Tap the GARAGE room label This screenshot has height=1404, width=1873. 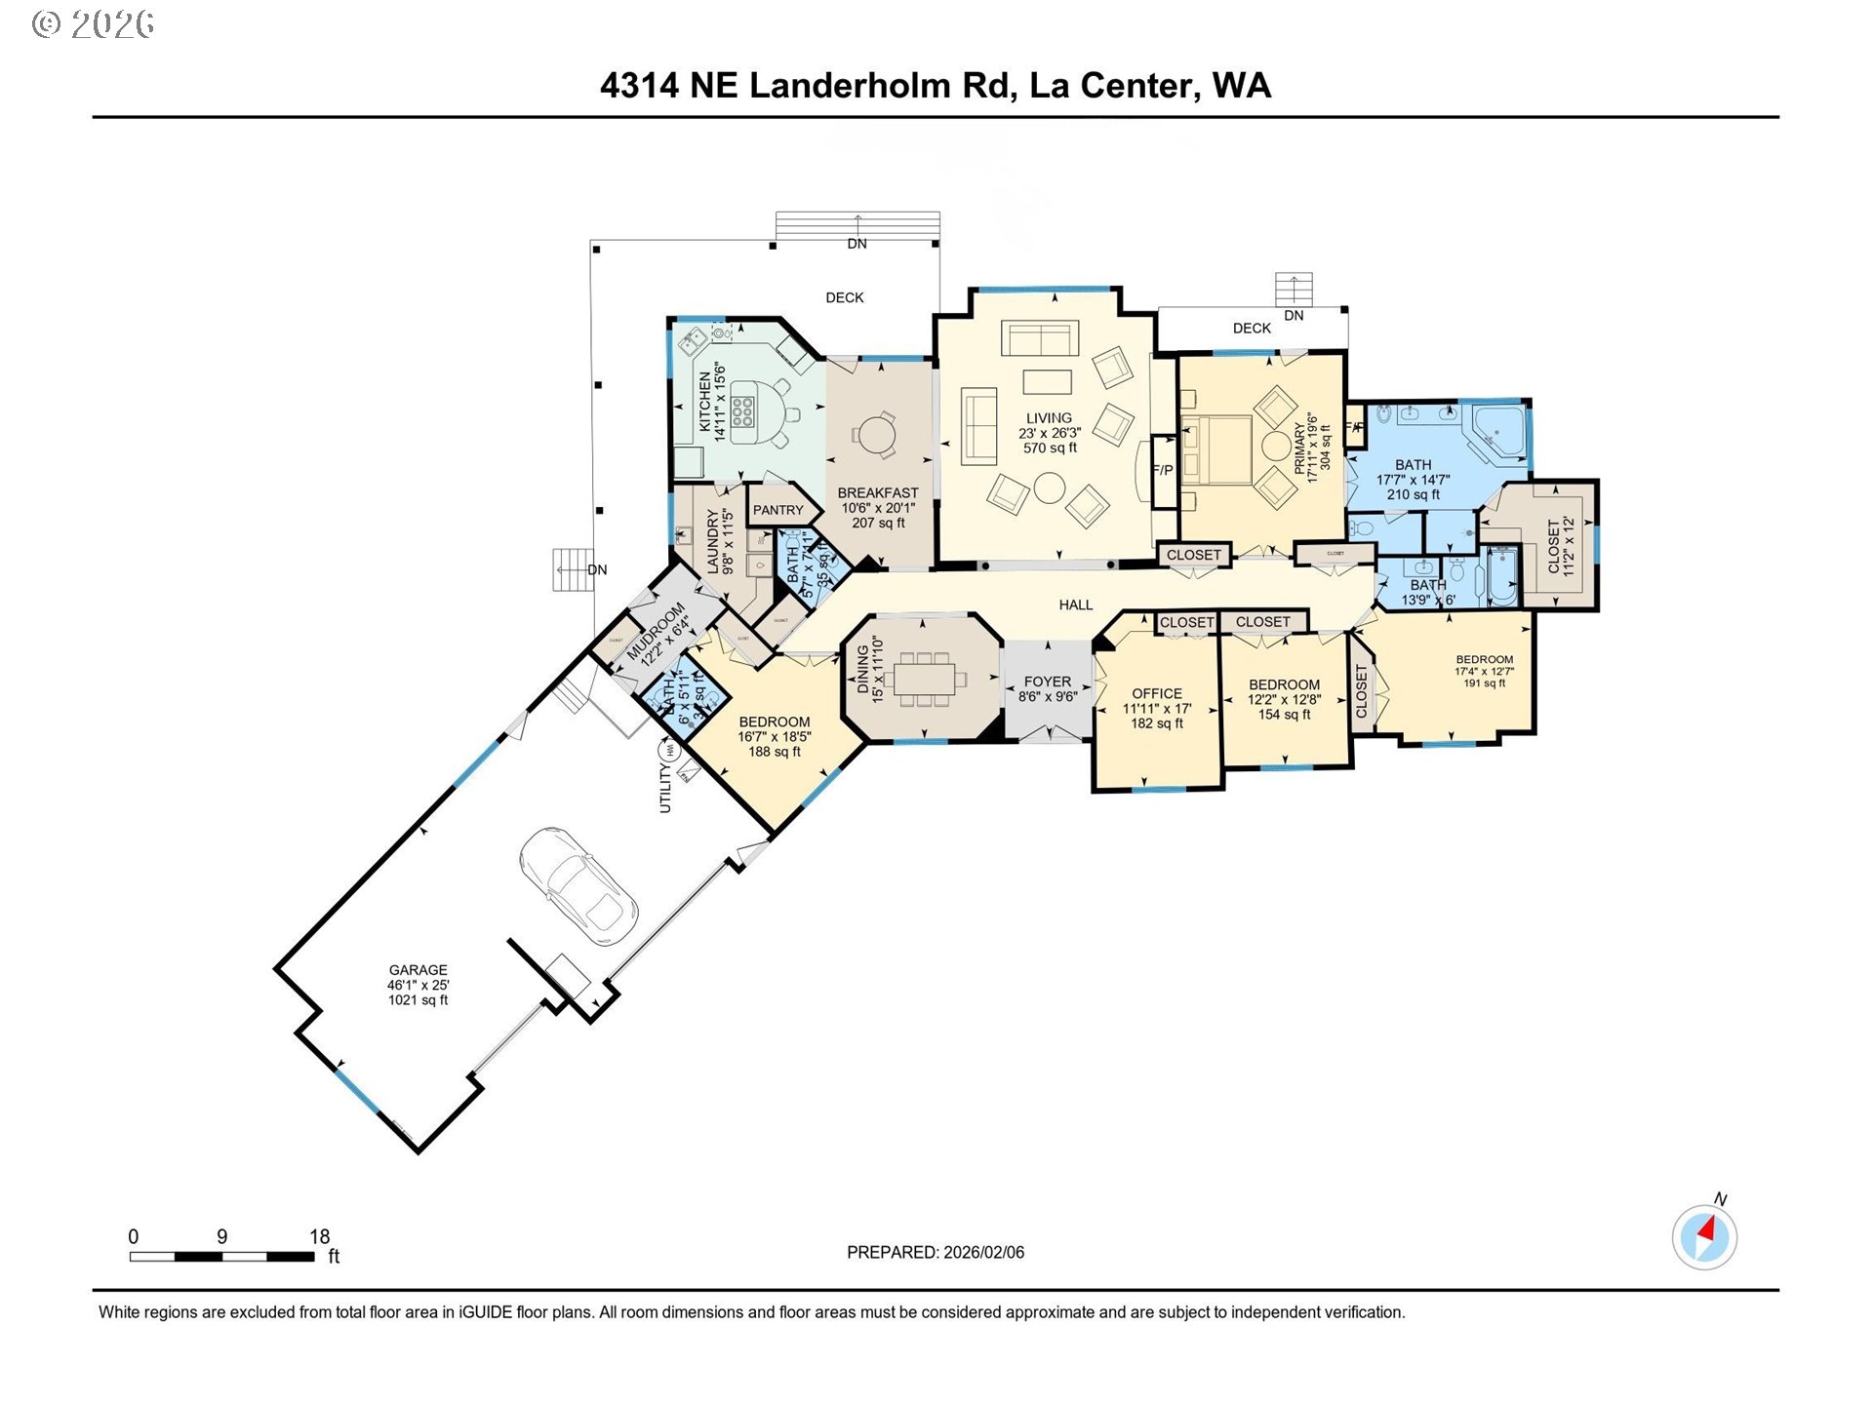(418, 970)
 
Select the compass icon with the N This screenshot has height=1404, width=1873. (1704, 1237)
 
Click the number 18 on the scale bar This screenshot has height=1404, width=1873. (319, 1236)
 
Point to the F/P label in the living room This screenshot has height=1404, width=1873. (1163, 470)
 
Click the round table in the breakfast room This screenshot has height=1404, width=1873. (876, 435)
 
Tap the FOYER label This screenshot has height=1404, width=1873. (1048, 682)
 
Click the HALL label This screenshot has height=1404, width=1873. (1076, 604)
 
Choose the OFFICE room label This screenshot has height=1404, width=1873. (1157, 693)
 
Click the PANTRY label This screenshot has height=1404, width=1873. (777, 510)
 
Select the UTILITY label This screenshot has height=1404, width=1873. (665, 788)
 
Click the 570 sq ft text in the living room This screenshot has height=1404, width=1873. (1050, 448)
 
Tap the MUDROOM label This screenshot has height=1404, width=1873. (656, 632)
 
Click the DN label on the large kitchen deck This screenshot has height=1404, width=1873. (857, 244)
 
